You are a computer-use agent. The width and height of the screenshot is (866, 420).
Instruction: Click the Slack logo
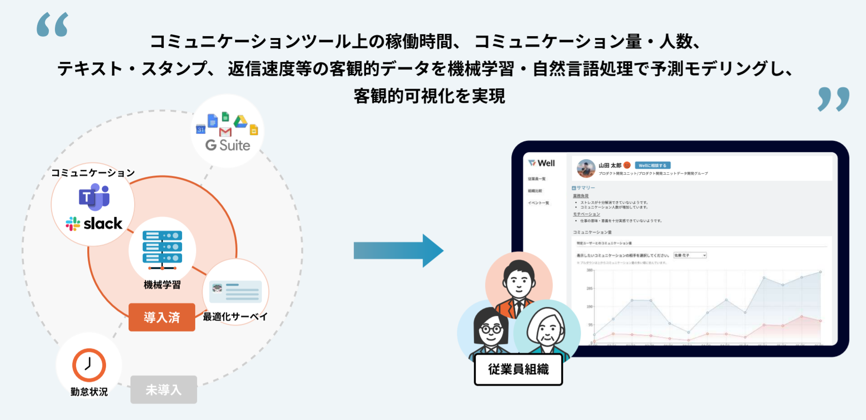94,224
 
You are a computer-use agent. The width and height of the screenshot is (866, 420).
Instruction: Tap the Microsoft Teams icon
94,196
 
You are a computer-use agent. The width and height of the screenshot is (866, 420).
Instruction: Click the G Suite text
228,145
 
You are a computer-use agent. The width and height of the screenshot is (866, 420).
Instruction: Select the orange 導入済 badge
162,317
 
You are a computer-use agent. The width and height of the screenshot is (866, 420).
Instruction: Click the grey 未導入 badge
163,389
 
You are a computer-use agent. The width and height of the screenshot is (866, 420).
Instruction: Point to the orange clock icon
89,365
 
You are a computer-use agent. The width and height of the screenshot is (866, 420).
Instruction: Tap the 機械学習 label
162,285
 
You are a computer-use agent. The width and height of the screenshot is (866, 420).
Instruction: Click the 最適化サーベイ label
235,317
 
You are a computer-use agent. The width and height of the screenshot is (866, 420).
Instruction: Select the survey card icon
235,291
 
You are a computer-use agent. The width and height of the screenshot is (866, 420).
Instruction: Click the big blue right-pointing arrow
398,251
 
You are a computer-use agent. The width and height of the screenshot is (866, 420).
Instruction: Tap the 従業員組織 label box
518,369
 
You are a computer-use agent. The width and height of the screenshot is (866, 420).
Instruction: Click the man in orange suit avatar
518,286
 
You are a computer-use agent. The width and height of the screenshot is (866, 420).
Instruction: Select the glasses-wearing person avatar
490,331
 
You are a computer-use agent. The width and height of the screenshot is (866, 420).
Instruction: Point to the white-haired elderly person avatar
547,331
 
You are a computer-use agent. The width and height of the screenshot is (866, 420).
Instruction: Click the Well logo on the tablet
541,163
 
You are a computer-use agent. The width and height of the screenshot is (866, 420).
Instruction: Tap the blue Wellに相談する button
653,165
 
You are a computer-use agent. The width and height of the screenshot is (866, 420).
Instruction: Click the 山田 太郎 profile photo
586,168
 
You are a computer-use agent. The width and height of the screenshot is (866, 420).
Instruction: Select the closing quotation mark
833,99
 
